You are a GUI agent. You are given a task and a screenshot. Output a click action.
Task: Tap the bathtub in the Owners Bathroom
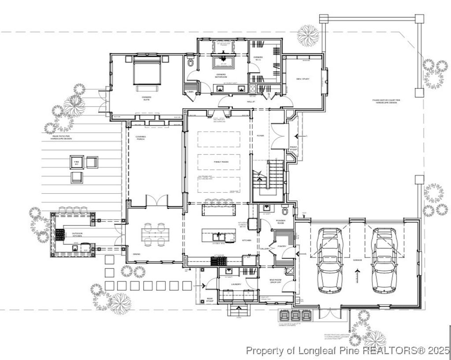tap(224, 61)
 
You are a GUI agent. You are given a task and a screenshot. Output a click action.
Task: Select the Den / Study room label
tap(303, 79)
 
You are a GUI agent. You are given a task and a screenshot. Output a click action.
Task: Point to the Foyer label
tap(260, 136)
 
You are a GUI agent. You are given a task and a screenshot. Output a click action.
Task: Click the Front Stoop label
tap(293, 148)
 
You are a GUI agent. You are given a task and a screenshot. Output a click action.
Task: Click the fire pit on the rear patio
tap(77, 162)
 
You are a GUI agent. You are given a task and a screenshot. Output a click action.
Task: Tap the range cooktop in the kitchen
tap(218, 261)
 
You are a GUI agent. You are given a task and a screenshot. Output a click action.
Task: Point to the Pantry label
tap(282, 246)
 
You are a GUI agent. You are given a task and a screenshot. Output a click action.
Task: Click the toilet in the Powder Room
tap(285, 209)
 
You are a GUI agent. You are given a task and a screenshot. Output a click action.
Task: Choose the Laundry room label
tap(236, 284)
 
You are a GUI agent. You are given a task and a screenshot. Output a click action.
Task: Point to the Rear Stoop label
tap(210, 300)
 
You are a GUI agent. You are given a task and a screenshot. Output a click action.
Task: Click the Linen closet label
tap(190, 92)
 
